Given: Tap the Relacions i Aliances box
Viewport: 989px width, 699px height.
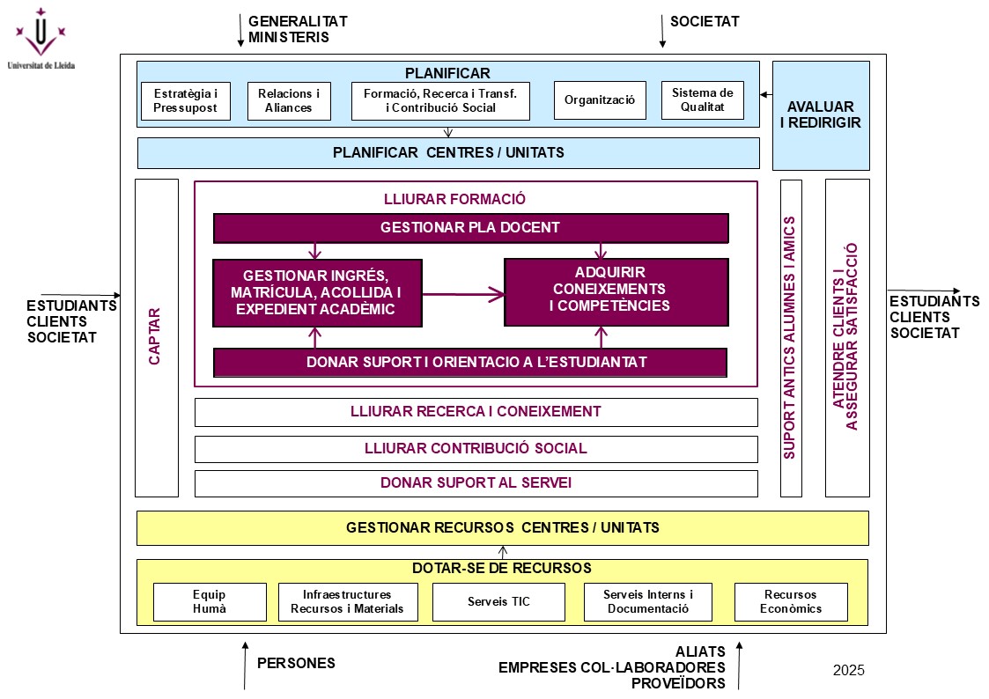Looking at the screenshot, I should [289, 100].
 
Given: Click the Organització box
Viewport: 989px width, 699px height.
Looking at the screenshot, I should [600, 100].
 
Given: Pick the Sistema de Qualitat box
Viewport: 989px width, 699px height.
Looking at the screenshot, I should [702, 100].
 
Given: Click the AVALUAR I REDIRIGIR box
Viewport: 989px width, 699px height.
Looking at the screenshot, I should [821, 115].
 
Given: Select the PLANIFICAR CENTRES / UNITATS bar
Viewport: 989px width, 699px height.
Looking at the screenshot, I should [448, 153].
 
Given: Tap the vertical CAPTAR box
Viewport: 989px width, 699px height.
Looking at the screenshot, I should [157, 337].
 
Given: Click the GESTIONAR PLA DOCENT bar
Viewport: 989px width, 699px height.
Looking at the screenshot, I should [470, 228].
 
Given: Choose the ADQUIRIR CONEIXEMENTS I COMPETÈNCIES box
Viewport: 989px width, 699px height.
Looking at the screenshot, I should [616, 291].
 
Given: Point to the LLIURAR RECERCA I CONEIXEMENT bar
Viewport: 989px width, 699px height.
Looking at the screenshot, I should [476, 412].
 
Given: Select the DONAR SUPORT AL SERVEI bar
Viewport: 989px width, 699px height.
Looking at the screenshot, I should [476, 483].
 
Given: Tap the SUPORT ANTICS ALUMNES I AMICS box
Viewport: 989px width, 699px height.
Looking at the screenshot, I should [791, 337].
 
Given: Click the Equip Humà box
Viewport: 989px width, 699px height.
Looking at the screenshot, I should [210, 602].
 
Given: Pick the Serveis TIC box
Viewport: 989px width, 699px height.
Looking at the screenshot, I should [499, 602].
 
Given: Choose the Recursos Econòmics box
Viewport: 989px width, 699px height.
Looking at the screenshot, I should [791, 602].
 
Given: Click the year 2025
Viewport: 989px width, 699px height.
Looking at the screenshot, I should [849, 671].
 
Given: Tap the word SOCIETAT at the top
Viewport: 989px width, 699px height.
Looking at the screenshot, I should [705, 21].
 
